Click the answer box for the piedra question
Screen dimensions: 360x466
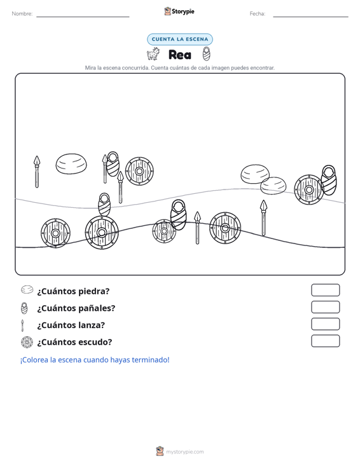[x=325, y=290]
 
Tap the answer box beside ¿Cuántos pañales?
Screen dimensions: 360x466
[x=325, y=307]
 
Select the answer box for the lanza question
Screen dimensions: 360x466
[x=325, y=324]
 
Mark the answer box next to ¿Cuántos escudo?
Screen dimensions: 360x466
[x=325, y=341]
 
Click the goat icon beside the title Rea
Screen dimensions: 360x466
[x=153, y=54]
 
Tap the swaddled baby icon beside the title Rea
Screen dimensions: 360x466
[x=206, y=54]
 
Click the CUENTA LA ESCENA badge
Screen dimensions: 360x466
[x=180, y=39]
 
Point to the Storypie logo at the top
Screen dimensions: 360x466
[x=179, y=11]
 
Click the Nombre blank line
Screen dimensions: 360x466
[x=83, y=17]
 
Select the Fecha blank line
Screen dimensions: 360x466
[x=310, y=17]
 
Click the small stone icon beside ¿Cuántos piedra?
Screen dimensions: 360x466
[x=27, y=289]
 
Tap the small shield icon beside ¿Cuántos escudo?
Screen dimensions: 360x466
[x=27, y=342]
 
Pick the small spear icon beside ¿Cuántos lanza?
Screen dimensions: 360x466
[x=22, y=326]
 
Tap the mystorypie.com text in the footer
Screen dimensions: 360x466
[x=185, y=452]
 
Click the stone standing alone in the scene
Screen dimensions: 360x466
[x=71, y=163]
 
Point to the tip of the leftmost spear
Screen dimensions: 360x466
[x=36, y=156]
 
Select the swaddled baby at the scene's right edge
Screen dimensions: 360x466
[x=328, y=180]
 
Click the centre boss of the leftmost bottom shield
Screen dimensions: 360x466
[x=55, y=233]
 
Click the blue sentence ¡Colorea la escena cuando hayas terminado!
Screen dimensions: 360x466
[x=95, y=360]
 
